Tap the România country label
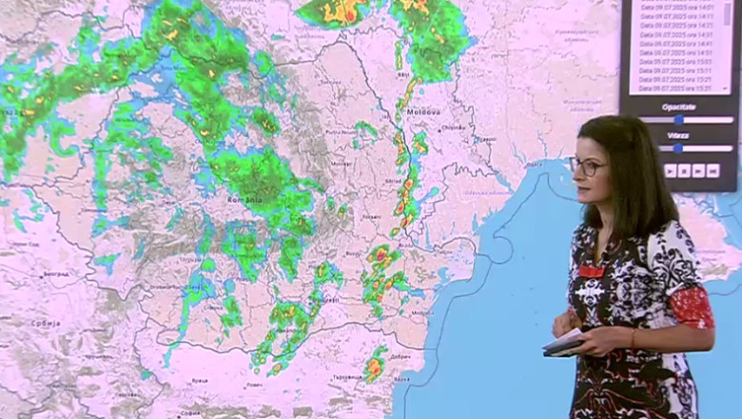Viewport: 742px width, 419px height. pos(244,200)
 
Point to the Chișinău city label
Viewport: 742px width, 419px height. pos(453,128)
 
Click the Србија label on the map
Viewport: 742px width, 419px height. pos(46,322)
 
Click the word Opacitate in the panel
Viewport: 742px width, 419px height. pos(678,107)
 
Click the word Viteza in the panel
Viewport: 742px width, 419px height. pos(678,136)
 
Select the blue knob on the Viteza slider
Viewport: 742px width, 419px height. pos(679,149)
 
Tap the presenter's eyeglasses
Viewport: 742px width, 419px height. pos(587,167)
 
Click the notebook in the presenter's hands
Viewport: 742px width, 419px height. pos(565,343)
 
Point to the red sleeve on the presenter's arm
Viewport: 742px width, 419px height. pos(693,307)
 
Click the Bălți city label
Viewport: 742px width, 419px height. pos(403,73)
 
